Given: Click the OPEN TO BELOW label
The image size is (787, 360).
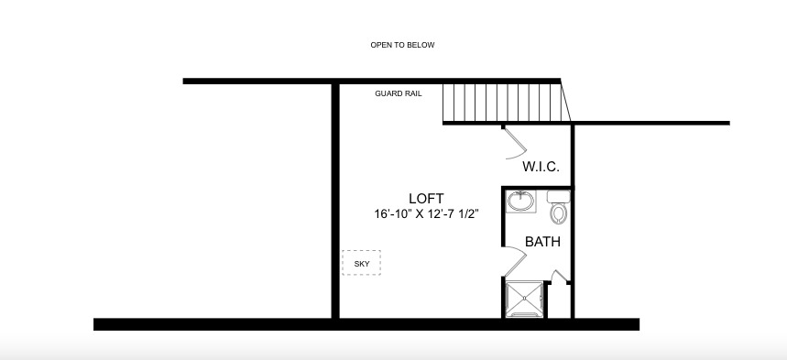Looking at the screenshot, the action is point(402,45).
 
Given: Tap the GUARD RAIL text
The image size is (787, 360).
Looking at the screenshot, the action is point(399,93).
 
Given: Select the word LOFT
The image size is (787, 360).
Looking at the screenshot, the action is point(426,199).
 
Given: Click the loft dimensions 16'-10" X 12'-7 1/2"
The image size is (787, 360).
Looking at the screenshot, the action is point(426,214).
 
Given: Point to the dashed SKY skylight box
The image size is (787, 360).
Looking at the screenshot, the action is point(361,263).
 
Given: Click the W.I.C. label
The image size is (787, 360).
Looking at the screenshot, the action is point(541,168).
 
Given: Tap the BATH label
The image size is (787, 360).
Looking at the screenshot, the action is point(542,242).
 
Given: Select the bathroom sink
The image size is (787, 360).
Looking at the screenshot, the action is point(521,202).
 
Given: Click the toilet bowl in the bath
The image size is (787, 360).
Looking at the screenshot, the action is point(558,213).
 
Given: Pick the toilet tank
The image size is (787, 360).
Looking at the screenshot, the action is point(558,196).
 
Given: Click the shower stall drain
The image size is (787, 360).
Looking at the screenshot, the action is point(524,299).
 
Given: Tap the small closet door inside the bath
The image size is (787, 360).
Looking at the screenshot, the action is point(559,276).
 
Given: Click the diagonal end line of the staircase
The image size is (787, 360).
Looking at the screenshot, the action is point(565,101).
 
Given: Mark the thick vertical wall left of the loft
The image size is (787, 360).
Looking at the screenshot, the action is point(335,201).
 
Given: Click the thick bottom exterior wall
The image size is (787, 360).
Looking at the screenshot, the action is point(366,324).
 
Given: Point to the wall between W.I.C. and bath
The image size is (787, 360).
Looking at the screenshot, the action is point(538,188).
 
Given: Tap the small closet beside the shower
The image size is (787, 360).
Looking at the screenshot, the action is point(559,300).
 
